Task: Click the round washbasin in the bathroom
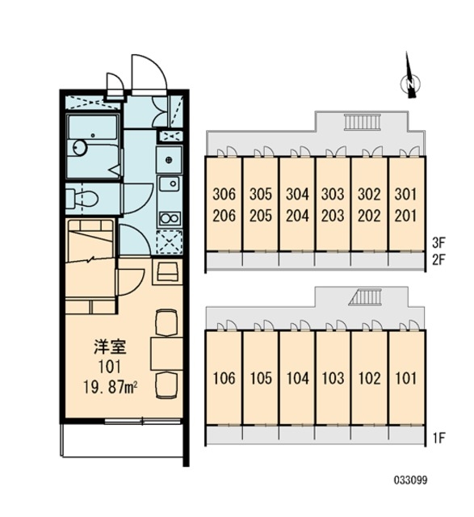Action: point(79,147)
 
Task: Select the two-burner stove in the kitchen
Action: point(170,218)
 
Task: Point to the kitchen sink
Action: point(170,183)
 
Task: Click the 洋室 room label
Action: point(110,347)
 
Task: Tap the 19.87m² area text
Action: point(111,386)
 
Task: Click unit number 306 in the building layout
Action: point(224,194)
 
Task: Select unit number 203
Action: point(333,216)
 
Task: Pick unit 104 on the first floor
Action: point(297,378)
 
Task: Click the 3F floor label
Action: point(438,243)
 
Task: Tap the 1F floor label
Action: point(438,438)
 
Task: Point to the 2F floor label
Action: point(438,260)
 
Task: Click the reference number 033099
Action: point(411,480)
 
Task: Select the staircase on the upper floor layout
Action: point(363,122)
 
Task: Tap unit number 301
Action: point(405,194)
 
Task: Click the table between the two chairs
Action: point(167,354)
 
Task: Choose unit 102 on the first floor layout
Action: point(369,378)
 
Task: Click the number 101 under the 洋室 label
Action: point(110,367)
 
